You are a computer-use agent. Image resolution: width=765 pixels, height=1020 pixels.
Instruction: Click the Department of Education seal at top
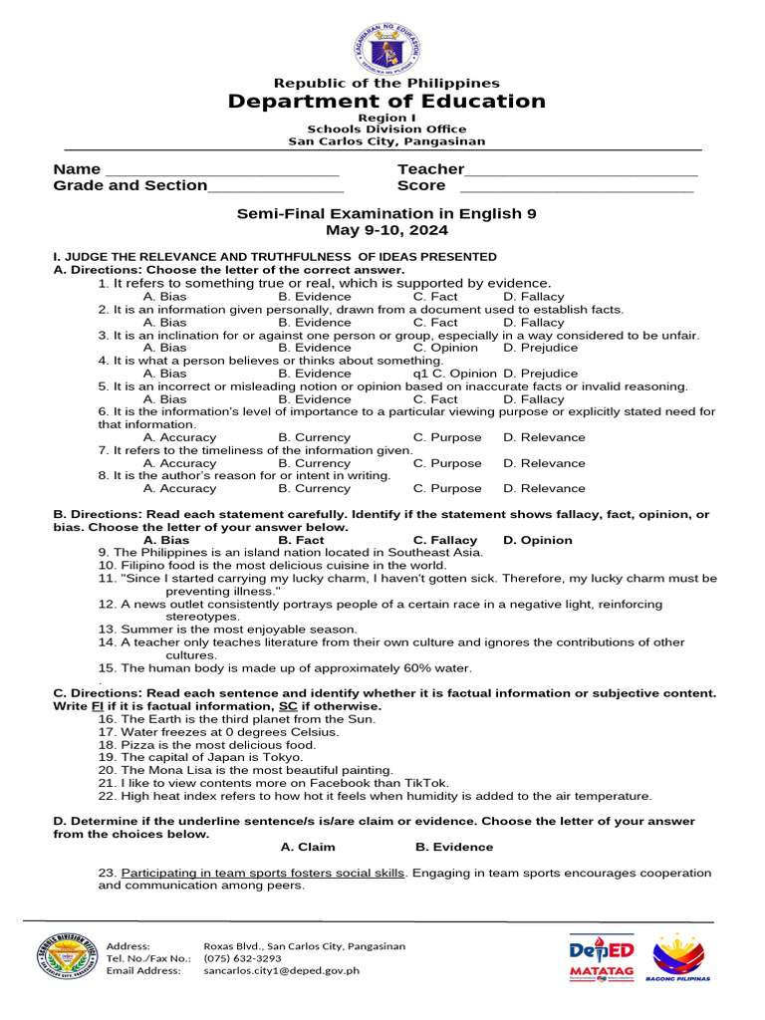tap(386, 48)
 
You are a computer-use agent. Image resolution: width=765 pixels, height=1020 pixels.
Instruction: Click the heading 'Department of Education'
tap(386, 102)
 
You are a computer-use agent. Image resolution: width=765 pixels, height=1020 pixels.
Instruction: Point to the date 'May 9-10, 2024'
tap(386, 230)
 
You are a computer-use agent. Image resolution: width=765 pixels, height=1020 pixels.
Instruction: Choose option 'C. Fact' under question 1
tap(435, 296)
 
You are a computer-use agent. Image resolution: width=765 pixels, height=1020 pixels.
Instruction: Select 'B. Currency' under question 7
tap(314, 463)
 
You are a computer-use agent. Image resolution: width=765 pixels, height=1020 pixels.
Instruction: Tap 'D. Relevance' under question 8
tap(544, 488)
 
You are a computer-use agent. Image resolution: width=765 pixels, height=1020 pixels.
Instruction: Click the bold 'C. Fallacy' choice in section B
tap(445, 540)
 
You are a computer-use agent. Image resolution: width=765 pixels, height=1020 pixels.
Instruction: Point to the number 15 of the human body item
tap(107, 668)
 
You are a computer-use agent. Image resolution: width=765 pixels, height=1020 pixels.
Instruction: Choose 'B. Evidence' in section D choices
tap(453, 847)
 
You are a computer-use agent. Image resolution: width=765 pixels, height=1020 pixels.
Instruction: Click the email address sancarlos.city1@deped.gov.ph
tap(281, 970)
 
